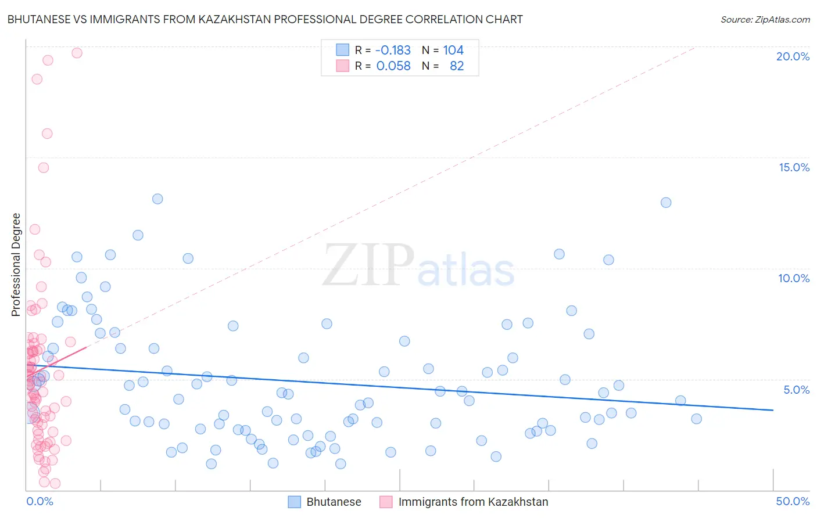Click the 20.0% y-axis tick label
[x=793, y=56]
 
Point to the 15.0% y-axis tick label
[x=794, y=167]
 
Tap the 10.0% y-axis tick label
[x=794, y=278]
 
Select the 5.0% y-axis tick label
[x=796, y=390]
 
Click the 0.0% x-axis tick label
[x=40, y=501]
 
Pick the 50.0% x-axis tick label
[x=793, y=501]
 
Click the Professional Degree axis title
[x=16, y=265]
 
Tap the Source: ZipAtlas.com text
[x=765, y=19]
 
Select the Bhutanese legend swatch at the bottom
[x=295, y=502]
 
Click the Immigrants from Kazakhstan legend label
[x=473, y=502]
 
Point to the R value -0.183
[x=393, y=51]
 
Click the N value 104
[x=453, y=51]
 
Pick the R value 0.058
[x=393, y=66]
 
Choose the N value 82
[x=457, y=66]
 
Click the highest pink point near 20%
[x=77, y=53]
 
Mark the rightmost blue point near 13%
[x=666, y=203]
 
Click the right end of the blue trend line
[x=773, y=410]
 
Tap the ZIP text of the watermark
[x=368, y=266]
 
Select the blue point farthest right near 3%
[x=696, y=419]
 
